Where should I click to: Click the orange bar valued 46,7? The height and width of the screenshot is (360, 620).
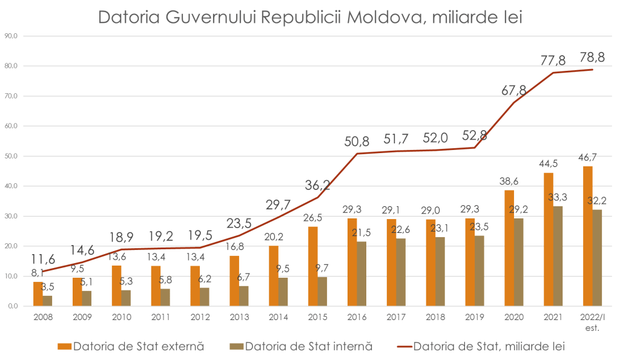587,236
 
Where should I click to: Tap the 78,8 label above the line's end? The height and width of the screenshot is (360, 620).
592,57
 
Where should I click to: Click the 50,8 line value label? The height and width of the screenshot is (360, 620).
356,142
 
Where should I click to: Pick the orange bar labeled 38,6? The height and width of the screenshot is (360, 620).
509,248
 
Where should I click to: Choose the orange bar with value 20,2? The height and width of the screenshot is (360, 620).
274,276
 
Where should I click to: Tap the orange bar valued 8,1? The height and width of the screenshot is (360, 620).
38,294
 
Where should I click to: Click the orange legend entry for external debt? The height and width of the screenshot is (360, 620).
131,347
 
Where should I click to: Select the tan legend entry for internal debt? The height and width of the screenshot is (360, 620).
299,347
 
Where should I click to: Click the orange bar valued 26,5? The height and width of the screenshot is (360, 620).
313,266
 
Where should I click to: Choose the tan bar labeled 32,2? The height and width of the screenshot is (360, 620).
597,258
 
